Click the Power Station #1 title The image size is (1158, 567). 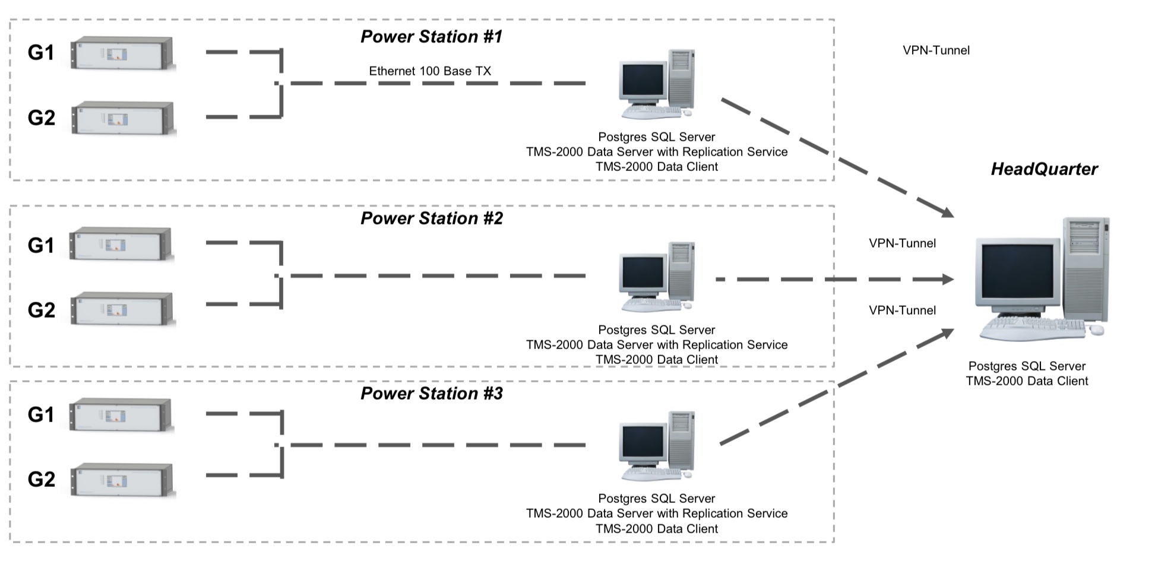coord(431,37)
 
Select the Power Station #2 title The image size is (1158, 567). coord(431,218)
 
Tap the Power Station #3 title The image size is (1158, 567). coord(431,394)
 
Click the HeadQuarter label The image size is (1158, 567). coord(1044,169)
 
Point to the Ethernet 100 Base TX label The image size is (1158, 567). coord(430,71)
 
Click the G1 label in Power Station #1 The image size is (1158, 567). coord(41,53)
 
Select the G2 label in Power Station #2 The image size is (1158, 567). coord(41,310)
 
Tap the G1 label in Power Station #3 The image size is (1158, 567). coord(41,414)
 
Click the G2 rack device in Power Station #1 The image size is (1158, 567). coord(124,119)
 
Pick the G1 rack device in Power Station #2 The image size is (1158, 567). coord(121,244)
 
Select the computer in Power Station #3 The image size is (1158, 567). coord(657,445)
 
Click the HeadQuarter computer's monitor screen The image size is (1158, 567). coord(1017,271)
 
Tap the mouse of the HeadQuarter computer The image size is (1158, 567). coord(1096,330)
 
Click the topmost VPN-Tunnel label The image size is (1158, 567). coord(936,50)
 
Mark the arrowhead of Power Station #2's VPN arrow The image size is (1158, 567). coord(948,279)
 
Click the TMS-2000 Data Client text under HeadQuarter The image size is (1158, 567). coord(1027,381)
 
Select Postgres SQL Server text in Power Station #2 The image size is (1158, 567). coord(656,330)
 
